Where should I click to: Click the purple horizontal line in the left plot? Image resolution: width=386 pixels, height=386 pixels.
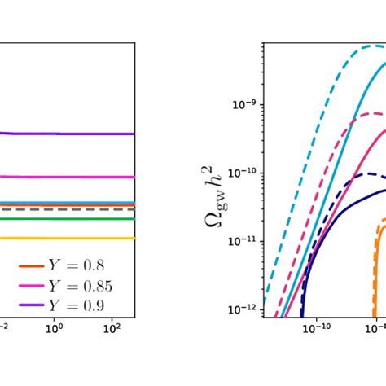point(65,134)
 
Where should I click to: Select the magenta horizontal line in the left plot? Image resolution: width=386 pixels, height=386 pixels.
point(65,176)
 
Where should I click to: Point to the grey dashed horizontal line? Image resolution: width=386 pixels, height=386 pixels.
point(65,209)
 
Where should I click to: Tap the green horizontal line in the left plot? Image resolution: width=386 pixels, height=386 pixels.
point(65,218)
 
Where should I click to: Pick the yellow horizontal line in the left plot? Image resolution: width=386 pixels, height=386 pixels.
point(65,238)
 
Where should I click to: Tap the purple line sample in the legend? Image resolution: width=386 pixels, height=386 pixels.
point(25,305)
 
